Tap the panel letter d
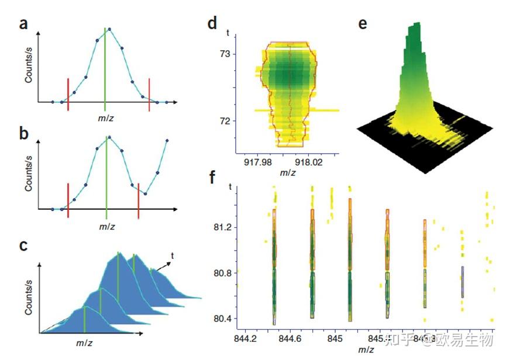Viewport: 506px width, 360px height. click(x=212, y=24)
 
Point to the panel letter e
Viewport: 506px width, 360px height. click(x=363, y=24)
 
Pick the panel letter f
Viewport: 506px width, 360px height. click(x=212, y=176)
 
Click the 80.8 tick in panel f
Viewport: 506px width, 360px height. click(x=223, y=272)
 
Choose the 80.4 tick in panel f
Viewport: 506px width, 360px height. click(x=223, y=319)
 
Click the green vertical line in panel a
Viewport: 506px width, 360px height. click(x=105, y=67)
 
